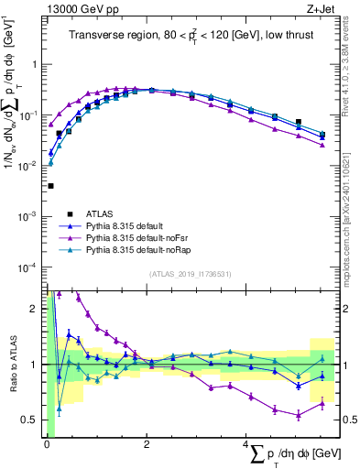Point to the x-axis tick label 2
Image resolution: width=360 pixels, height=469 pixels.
147,444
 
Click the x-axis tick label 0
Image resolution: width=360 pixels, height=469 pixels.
46,444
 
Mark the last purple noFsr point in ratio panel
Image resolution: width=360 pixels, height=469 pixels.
322,404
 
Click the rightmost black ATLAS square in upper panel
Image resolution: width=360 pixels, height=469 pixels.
322,136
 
